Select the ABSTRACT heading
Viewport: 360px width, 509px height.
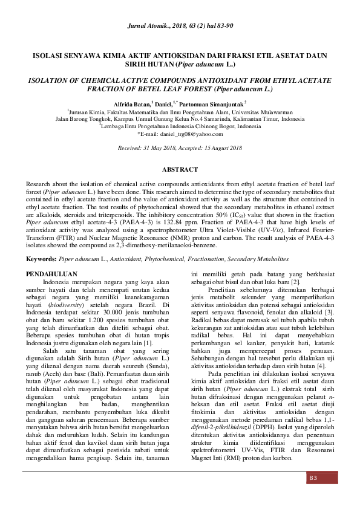[180, 170]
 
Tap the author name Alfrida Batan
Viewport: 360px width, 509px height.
[131, 105]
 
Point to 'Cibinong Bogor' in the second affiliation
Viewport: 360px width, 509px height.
[214, 127]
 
